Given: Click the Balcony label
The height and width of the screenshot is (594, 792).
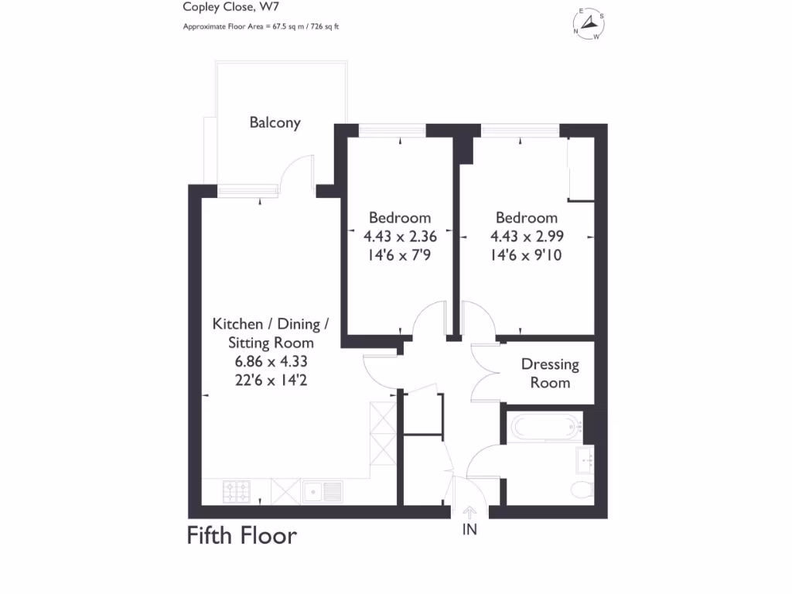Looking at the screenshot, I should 275,122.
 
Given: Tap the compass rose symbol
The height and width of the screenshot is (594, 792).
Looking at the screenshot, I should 589,24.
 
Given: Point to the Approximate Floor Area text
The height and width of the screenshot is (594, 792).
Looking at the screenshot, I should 261,26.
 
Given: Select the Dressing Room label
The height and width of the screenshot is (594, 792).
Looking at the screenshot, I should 550,373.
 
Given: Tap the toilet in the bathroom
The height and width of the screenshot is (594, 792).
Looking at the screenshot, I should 581,488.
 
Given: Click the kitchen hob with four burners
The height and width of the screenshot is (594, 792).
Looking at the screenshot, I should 237,490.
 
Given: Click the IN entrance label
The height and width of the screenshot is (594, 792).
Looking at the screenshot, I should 469,530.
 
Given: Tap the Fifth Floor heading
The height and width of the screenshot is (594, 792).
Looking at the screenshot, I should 241,535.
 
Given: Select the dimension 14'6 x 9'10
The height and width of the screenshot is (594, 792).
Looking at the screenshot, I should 526,254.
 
